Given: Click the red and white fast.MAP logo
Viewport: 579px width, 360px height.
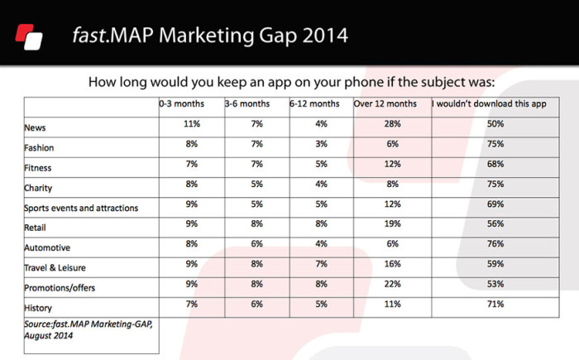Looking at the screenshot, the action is pos(29,37).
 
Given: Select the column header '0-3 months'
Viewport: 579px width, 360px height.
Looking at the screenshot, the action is pos(182,103).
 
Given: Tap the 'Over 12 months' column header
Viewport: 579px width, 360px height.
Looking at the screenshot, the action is pos(385,103).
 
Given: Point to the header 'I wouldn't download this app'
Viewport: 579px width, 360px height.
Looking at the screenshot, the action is pos(490,103).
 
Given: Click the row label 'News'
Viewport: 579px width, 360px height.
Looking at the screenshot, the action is pos(35,128).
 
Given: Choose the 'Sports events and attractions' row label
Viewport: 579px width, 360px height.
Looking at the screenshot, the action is pos(81,208).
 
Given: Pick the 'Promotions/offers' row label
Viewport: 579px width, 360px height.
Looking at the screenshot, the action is pos(60,288).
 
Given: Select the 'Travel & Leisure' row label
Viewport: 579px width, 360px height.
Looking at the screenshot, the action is pos(55,268).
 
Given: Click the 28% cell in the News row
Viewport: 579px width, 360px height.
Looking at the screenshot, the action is pos(393,124).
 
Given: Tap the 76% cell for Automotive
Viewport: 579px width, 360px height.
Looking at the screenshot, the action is pos(495,244).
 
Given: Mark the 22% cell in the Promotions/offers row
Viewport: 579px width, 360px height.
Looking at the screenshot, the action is pos(393,284).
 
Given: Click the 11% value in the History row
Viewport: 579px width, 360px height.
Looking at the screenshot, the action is pos(393,305).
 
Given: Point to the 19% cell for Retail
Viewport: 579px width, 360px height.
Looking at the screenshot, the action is pos(393,224).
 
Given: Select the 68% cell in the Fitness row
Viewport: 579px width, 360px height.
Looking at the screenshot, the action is pos(495,164).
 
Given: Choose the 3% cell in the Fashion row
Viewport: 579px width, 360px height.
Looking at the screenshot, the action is pos(321,144).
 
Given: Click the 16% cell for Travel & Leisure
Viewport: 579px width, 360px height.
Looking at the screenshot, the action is pos(393,264).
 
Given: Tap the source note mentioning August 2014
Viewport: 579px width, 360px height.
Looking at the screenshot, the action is pos(89,329).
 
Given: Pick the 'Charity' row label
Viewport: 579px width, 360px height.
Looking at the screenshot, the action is pos(38,188).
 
